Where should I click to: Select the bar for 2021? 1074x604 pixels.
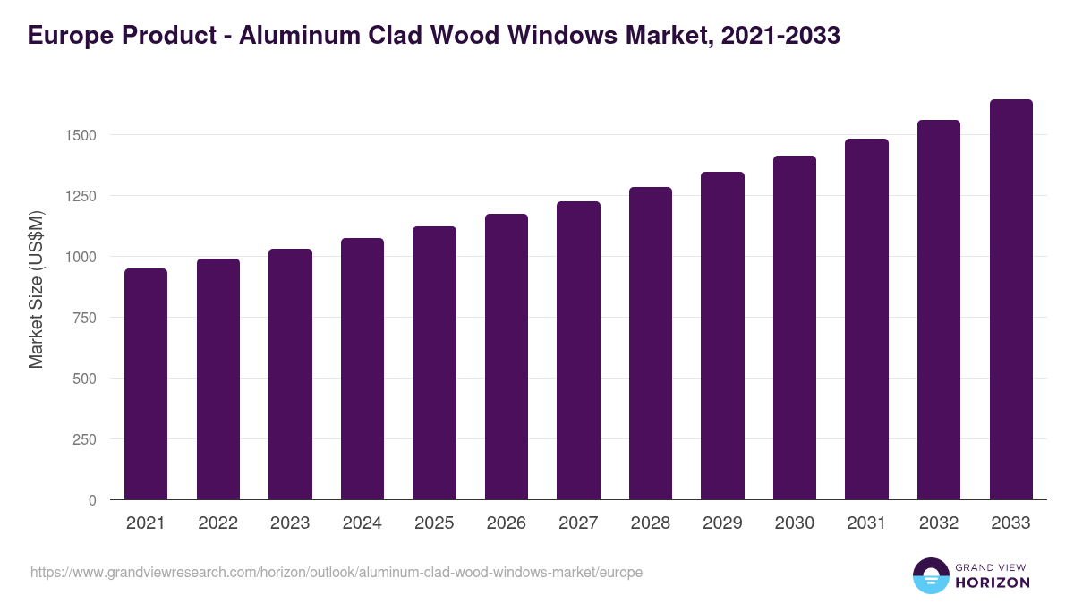(146, 384)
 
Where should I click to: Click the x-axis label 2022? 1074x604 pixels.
(217, 523)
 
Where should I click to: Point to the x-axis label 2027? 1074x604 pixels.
(578, 523)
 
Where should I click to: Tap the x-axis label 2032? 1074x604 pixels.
(939, 523)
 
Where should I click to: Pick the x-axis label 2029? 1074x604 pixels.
(722, 523)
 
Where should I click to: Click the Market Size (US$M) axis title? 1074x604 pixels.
(36, 288)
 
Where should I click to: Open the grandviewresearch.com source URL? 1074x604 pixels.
(337, 572)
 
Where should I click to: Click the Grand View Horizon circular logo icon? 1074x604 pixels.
(931, 576)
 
